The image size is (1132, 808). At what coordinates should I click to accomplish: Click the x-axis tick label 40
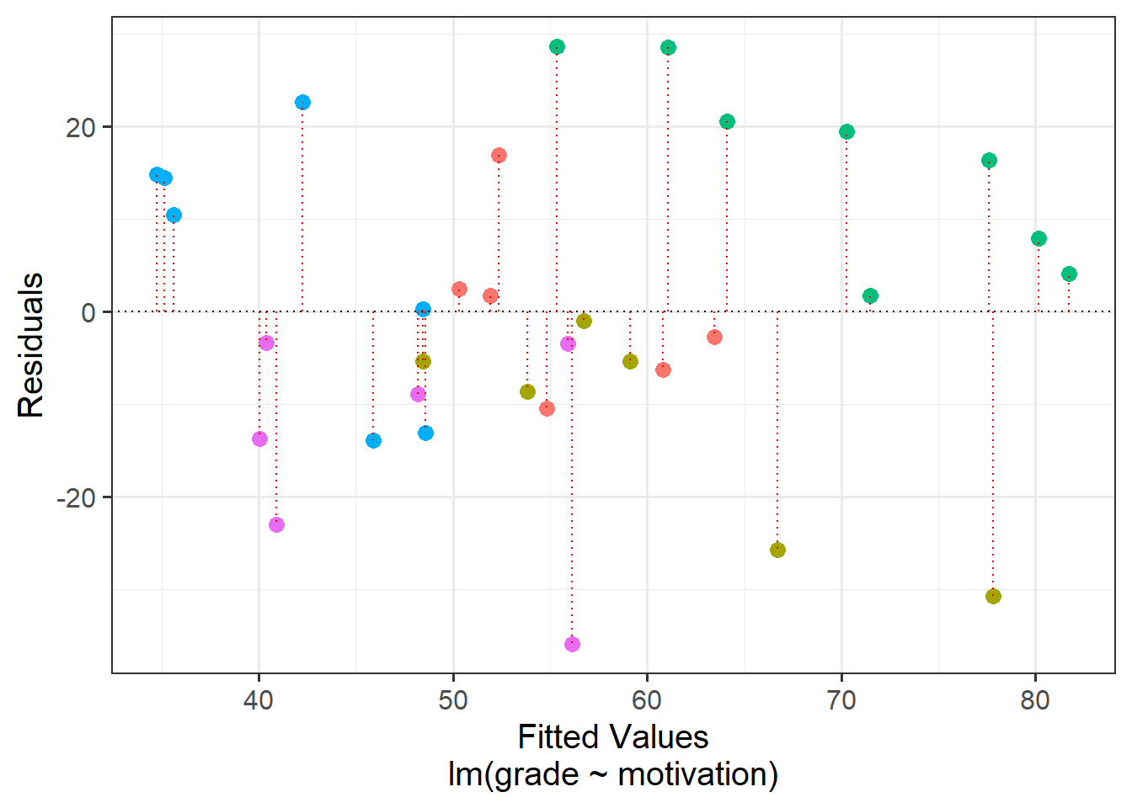point(259,700)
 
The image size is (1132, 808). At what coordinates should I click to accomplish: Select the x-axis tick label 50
point(453,700)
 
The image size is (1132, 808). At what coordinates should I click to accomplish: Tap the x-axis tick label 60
point(647,700)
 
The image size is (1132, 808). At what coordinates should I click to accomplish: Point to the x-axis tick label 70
point(841,700)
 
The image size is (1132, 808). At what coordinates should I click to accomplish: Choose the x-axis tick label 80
point(1035,700)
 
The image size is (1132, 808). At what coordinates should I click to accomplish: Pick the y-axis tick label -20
point(78,498)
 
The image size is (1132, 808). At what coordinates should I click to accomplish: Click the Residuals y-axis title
point(31,345)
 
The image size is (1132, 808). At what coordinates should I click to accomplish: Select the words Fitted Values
point(612,737)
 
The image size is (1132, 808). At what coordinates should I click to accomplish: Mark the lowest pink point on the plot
point(572,644)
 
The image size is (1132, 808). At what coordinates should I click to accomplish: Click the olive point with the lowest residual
point(993,596)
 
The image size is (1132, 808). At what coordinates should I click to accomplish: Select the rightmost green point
point(1069,274)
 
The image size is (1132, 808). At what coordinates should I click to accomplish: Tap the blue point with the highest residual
point(302,103)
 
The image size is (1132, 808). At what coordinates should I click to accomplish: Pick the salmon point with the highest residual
point(499,155)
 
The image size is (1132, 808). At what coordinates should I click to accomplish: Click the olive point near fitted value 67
point(777,550)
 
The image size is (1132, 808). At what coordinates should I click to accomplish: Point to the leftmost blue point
point(157,174)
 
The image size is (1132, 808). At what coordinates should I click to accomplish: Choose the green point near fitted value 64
point(727,122)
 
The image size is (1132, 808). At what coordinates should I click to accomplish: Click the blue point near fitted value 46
point(373,440)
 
